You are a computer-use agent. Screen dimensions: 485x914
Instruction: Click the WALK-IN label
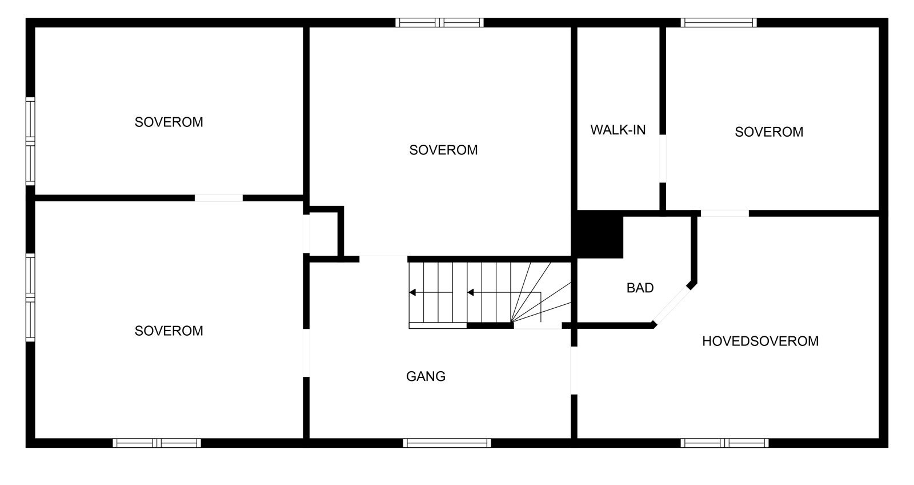(x=618, y=130)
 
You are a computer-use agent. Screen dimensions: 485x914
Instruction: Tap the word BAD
(x=640, y=288)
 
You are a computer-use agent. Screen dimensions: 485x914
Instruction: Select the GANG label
(x=426, y=376)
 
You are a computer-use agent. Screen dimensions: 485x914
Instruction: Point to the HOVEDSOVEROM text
(x=760, y=341)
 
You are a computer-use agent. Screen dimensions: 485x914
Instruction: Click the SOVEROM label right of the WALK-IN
(x=769, y=132)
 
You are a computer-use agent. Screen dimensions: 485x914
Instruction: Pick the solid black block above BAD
(x=598, y=234)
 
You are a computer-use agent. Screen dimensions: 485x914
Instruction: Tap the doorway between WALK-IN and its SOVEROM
(x=663, y=158)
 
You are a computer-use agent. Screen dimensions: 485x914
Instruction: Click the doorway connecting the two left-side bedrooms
(x=219, y=198)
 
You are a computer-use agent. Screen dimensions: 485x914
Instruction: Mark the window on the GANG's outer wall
(x=447, y=443)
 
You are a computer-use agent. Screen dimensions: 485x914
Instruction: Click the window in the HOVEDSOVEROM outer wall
(x=724, y=443)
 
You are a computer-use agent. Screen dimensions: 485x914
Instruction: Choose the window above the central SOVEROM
(x=440, y=23)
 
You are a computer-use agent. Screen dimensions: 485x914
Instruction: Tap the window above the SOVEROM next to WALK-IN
(x=719, y=23)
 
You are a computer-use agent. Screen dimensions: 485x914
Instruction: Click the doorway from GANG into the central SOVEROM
(x=383, y=259)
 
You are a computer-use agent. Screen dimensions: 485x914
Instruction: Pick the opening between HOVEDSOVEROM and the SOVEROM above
(x=724, y=213)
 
